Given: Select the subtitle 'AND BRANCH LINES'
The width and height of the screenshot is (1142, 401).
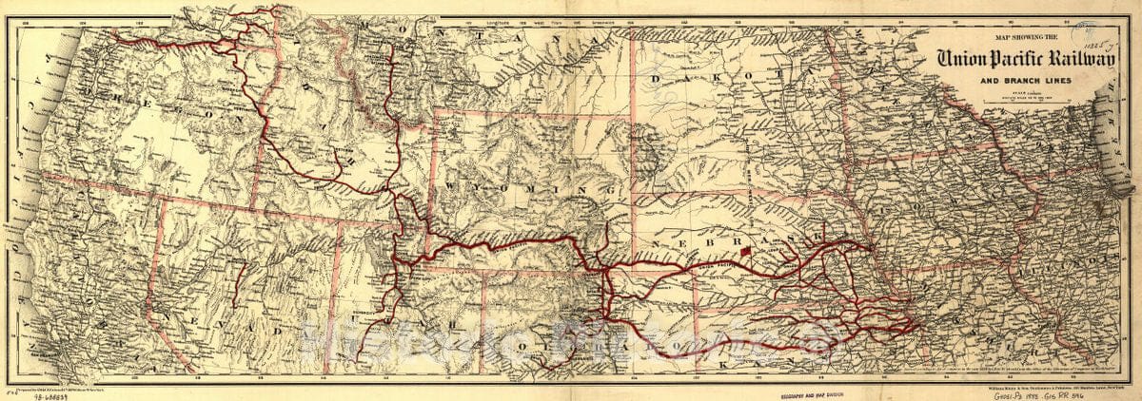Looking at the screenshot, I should (1026, 81).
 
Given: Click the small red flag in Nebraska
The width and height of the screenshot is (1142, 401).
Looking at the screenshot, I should (747, 251).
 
